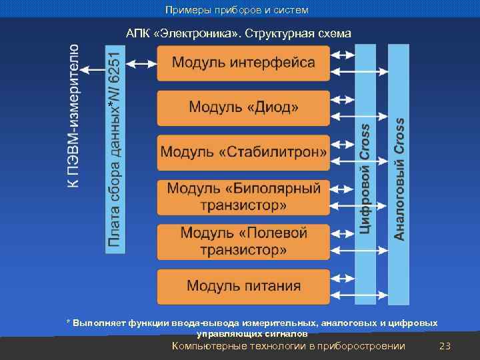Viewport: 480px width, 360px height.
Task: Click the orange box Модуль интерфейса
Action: (243, 63)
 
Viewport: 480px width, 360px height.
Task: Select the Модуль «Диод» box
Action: (243, 108)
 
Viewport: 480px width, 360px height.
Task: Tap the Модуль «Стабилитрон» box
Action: (243, 153)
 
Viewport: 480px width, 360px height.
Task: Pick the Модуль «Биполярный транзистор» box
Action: (243, 197)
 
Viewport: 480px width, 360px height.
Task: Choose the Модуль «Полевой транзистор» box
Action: (243, 241)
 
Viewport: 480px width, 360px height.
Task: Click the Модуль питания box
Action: (243, 287)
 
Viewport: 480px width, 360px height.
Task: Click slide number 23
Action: (445, 346)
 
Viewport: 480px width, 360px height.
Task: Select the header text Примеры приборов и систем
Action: (237, 10)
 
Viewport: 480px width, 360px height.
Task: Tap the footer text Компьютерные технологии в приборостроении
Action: (288, 346)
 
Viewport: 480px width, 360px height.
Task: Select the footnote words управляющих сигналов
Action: (252, 333)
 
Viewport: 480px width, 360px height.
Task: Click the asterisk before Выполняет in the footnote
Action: (68, 323)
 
